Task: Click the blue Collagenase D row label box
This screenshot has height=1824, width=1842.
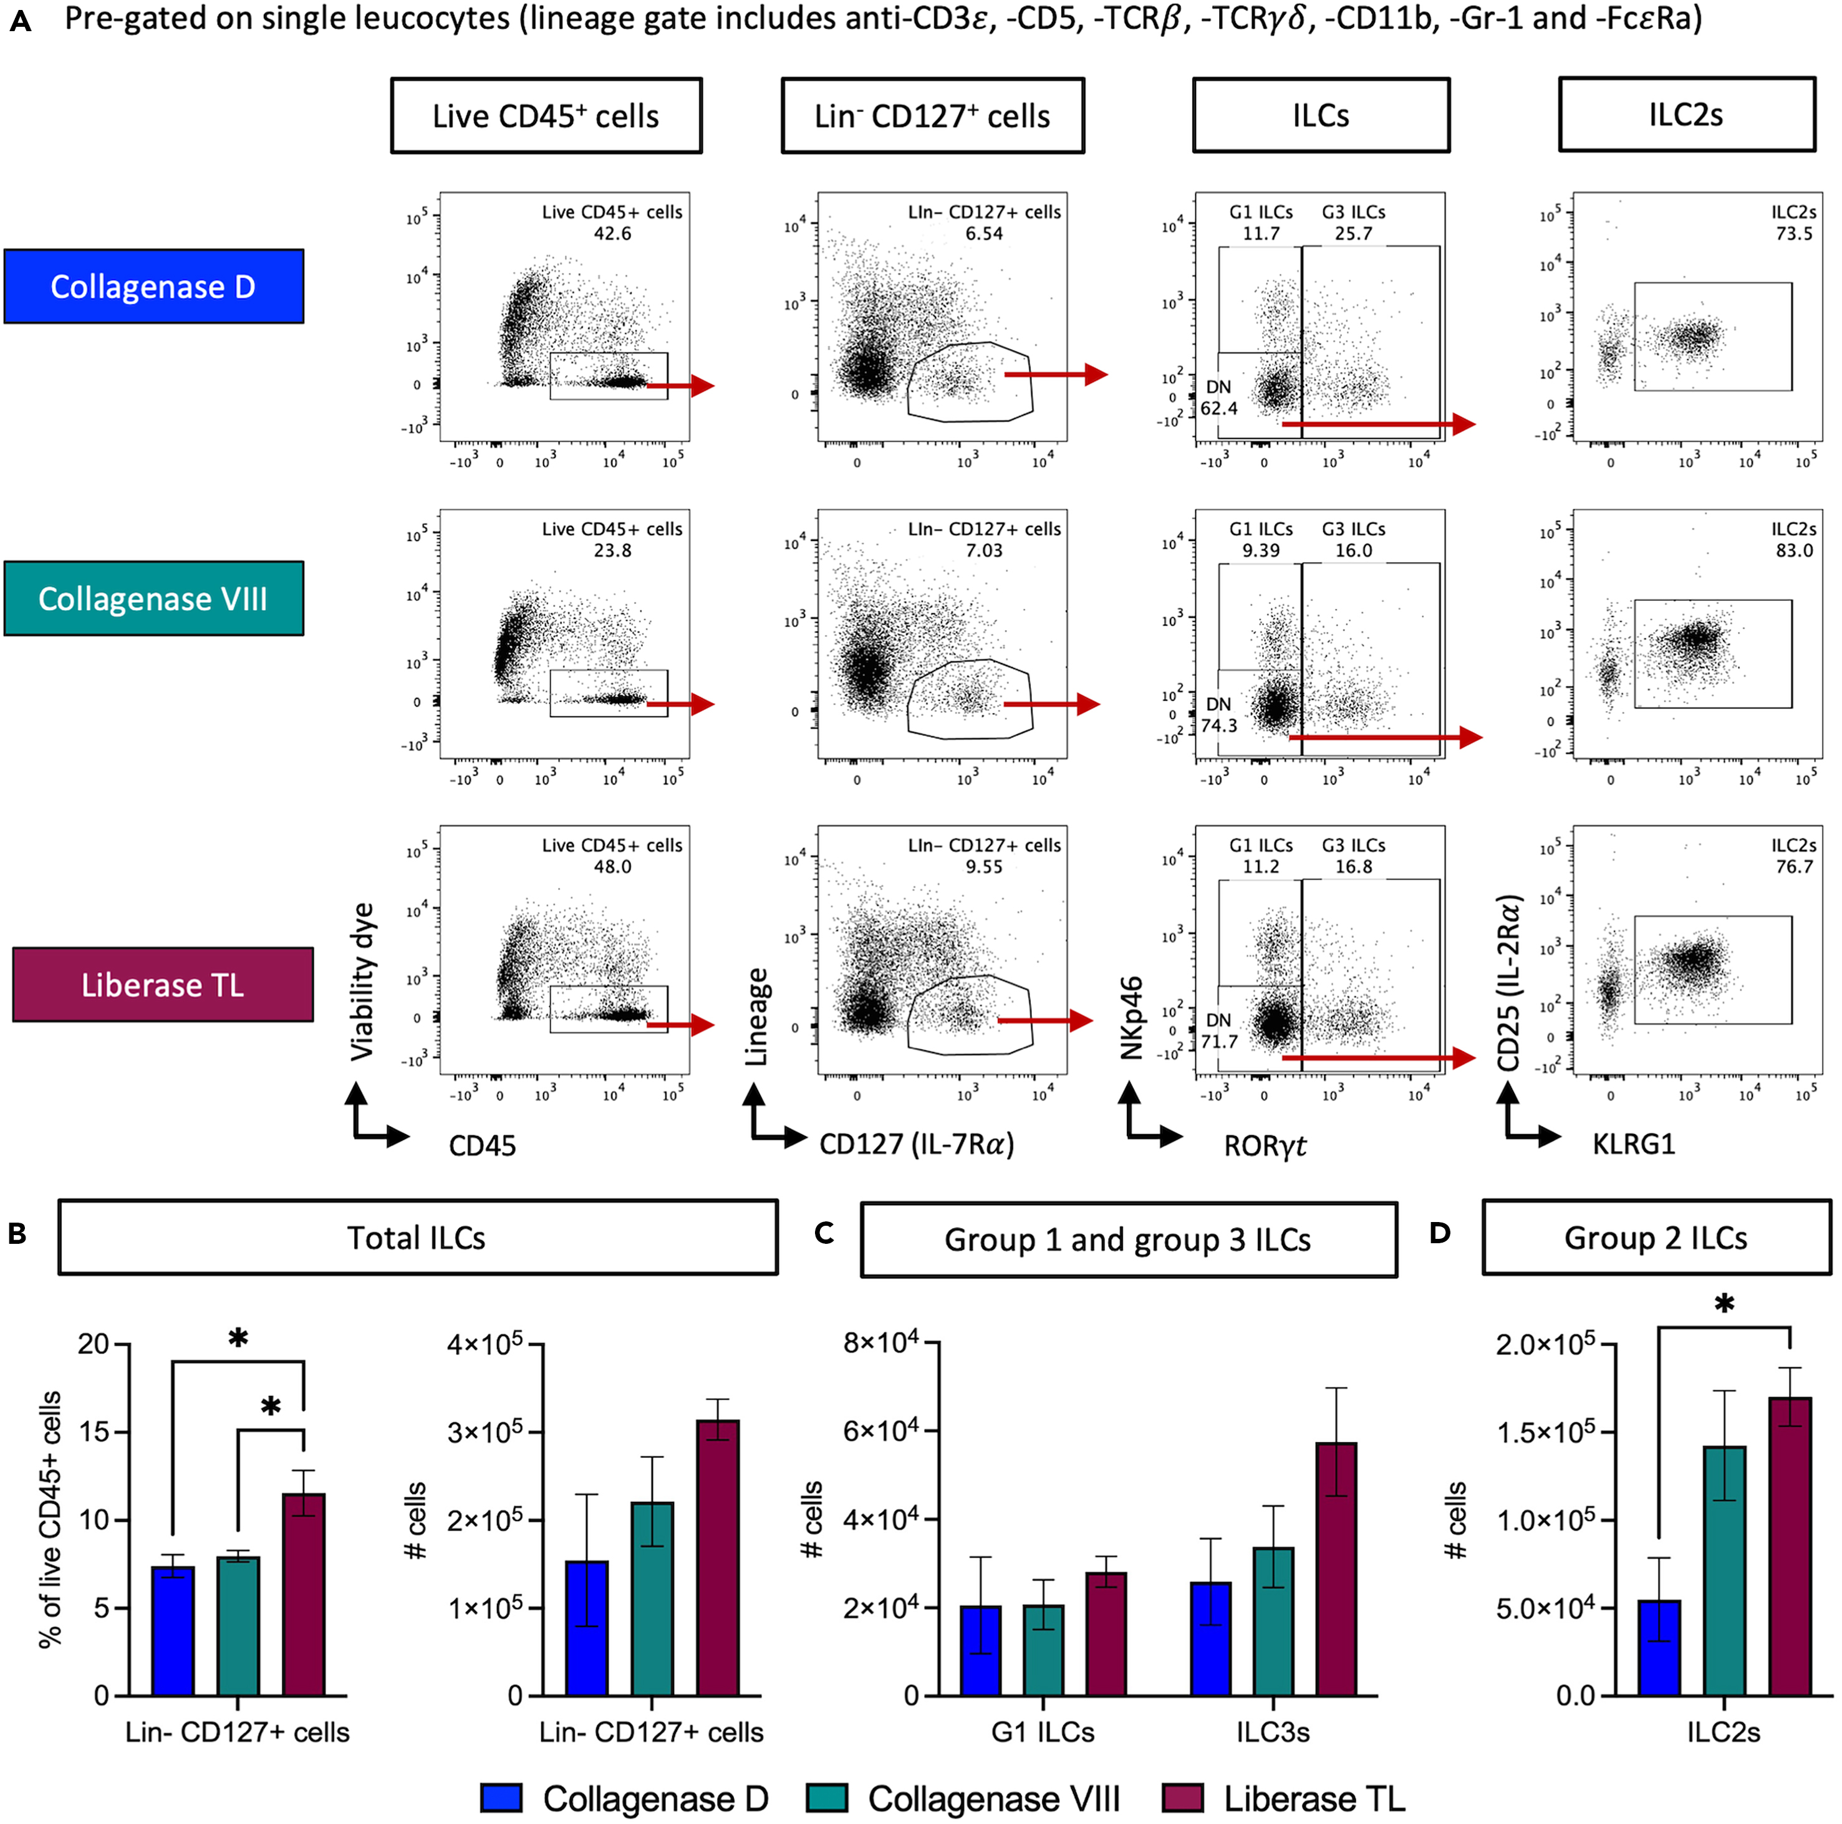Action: (153, 287)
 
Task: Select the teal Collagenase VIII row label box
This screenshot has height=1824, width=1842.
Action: (153, 598)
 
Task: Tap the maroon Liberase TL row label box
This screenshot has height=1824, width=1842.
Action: (162, 985)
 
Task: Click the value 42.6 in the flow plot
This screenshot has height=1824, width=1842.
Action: (612, 234)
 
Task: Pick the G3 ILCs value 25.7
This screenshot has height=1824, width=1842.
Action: (1353, 234)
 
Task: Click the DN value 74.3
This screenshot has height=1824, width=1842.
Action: (1218, 725)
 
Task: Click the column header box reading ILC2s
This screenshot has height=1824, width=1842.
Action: (1685, 115)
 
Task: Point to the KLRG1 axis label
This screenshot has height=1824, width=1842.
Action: (1633, 1144)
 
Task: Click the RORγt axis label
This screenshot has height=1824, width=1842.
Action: (1264, 1145)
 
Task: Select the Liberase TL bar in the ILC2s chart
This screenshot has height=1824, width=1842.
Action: (1790, 1548)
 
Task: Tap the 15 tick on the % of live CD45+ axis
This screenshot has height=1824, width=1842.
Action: (94, 1432)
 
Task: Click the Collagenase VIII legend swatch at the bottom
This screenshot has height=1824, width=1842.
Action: (827, 1797)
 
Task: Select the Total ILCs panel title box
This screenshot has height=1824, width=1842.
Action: (418, 1237)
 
